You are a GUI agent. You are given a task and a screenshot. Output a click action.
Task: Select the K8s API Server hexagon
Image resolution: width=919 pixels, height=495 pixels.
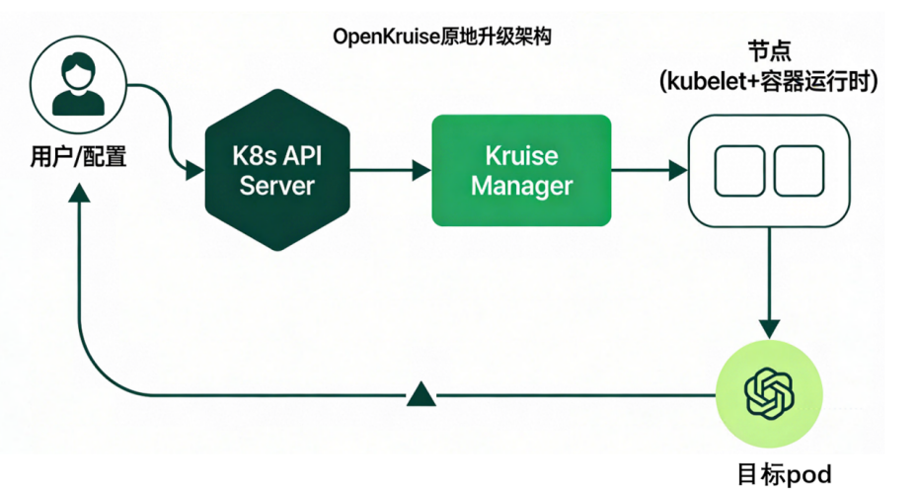(x=276, y=170)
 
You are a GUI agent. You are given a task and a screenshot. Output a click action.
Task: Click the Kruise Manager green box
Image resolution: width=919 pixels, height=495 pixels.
(x=521, y=170)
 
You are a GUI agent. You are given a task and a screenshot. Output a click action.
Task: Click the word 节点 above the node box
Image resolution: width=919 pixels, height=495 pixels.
(x=769, y=49)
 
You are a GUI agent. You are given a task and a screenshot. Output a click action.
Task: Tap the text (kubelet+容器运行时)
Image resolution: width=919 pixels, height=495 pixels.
(x=769, y=83)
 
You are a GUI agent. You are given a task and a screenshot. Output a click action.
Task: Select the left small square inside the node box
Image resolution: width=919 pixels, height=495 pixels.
(x=740, y=169)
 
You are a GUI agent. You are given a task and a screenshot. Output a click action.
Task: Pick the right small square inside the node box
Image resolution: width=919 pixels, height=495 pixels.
(x=799, y=169)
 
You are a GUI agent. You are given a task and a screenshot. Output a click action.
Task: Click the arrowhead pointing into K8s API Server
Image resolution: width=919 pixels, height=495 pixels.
(x=194, y=171)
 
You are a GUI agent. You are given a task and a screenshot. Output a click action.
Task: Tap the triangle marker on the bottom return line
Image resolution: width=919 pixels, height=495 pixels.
(x=421, y=395)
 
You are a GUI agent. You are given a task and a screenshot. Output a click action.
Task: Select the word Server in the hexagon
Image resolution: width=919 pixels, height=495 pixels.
(x=276, y=186)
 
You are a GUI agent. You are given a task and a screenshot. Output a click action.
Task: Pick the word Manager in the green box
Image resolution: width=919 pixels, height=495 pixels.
(x=521, y=186)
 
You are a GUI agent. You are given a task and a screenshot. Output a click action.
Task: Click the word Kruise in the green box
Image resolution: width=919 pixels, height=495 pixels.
(x=521, y=155)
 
